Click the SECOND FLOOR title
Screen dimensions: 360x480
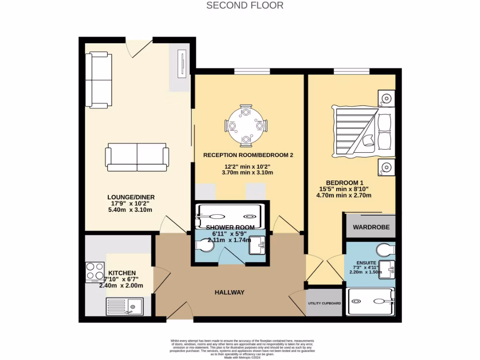245,6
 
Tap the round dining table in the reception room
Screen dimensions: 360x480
246,126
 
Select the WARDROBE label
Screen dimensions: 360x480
371,227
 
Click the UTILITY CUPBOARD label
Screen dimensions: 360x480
324,303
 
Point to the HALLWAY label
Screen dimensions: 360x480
230,292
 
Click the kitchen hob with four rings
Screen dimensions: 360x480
94,272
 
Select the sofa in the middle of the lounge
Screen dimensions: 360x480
137,157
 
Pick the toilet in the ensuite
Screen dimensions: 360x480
387,249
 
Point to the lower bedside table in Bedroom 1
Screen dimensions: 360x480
387,166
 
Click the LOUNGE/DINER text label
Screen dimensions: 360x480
130,197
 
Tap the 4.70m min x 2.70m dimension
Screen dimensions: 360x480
344,195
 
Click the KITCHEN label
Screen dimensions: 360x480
122,273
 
